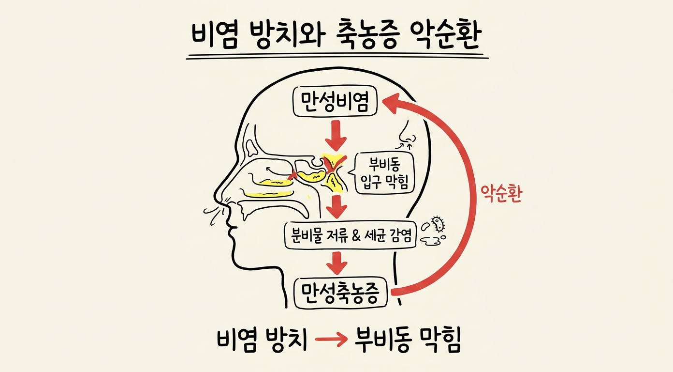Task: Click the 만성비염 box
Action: (335, 102)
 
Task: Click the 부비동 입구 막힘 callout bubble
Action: (382, 173)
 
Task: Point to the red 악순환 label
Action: (501, 193)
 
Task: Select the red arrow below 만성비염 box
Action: (336, 136)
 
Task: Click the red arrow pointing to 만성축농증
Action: (337, 263)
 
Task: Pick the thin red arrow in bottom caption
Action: (331, 339)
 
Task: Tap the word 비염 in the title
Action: (214, 36)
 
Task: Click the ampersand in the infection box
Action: (355, 236)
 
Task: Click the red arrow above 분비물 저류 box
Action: (337, 207)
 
